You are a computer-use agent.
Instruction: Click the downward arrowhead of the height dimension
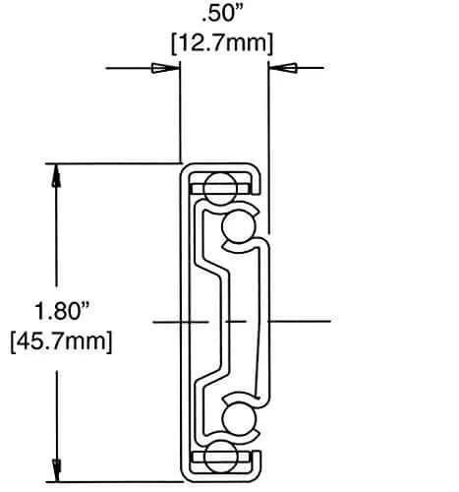[58, 462]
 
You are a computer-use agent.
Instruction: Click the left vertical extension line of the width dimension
[180, 108]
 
